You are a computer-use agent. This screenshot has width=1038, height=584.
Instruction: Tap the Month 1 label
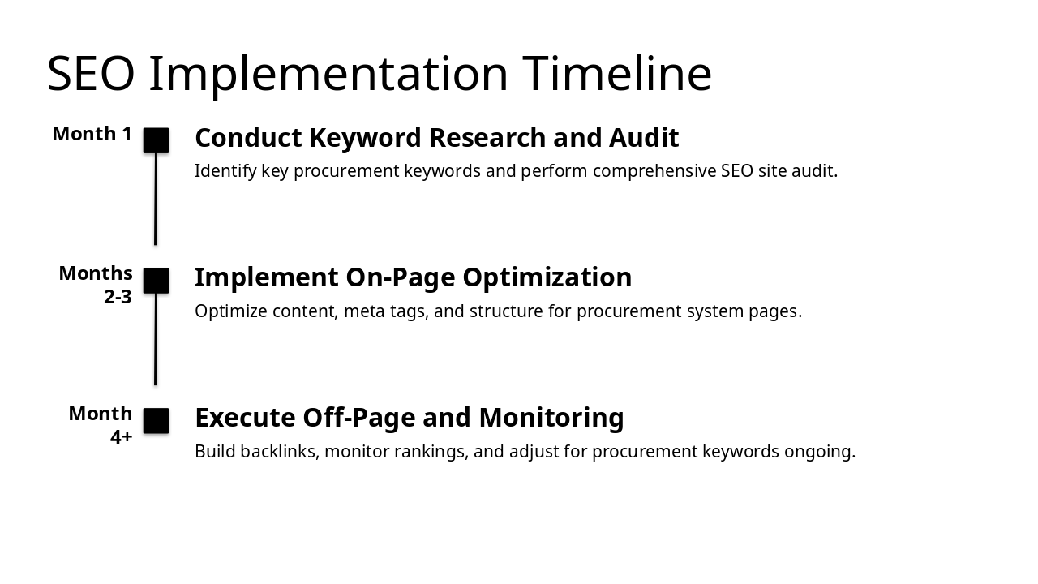pos(92,134)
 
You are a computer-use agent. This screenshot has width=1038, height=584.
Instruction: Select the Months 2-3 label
pos(96,284)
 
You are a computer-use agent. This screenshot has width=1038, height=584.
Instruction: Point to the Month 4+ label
pos(101,424)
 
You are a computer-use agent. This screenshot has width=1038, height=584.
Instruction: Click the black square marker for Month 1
pos(156,140)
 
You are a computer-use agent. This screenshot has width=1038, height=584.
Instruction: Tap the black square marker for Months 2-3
pos(156,281)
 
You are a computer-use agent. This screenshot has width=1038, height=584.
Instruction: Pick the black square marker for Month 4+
pos(156,421)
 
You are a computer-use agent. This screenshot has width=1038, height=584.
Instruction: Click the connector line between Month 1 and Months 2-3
pos(156,199)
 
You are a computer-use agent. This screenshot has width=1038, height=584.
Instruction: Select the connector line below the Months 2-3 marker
pos(156,339)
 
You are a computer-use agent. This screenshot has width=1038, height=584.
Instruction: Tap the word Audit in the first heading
pos(644,138)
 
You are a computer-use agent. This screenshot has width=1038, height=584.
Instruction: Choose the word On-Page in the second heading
pos(388,277)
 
